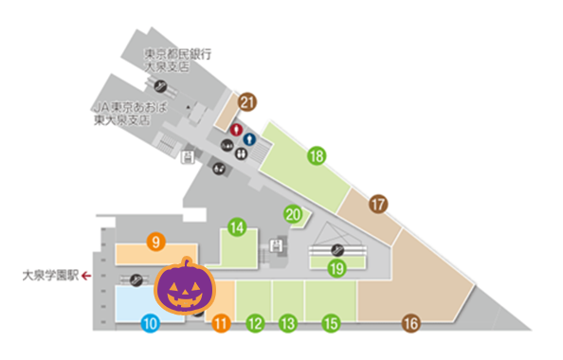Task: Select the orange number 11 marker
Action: [x=221, y=323]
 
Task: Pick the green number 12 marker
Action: [x=254, y=323]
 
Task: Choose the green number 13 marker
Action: [x=288, y=323]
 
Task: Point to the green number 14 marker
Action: [x=237, y=227]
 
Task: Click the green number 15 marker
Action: [x=330, y=323]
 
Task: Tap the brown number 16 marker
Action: [x=410, y=323]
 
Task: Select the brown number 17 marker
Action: [x=379, y=204]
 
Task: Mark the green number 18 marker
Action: [x=317, y=155]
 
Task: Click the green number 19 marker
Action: [x=336, y=267]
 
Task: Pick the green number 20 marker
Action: [x=294, y=214]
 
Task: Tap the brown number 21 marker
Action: [x=248, y=101]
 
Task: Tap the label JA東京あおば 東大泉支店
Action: [x=130, y=116]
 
